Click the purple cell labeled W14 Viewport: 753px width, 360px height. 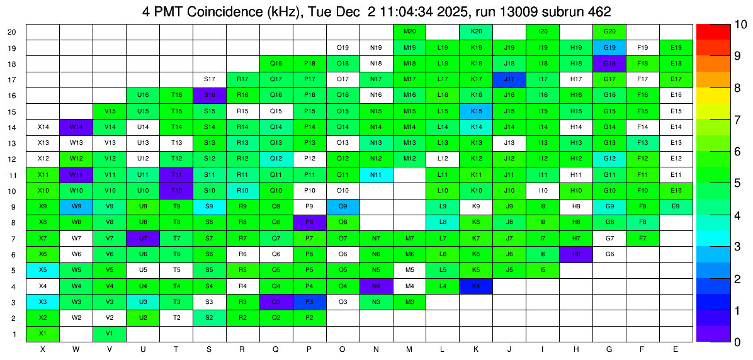coord(76,127)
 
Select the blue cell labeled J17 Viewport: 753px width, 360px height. coord(509,79)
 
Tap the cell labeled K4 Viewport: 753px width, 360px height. coord(476,286)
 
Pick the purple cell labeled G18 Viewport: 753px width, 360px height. coord(609,64)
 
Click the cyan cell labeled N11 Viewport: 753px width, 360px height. coord(376,175)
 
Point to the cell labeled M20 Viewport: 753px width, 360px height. coord(409,31)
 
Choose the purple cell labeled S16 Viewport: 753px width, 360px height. coord(210,95)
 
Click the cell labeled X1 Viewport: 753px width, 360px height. coord(43,334)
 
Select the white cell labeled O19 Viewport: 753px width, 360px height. coord(343,48)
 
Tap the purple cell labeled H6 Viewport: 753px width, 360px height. coord(576,254)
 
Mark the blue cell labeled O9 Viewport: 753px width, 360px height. coord(343,206)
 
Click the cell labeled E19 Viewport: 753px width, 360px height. coord(676,48)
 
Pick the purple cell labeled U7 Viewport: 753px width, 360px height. coord(143,239)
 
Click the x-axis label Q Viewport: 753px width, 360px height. coord(276,349)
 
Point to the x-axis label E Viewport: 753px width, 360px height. coord(676,349)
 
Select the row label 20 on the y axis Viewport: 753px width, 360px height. coord(12,31)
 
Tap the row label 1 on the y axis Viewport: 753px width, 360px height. coord(14,334)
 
